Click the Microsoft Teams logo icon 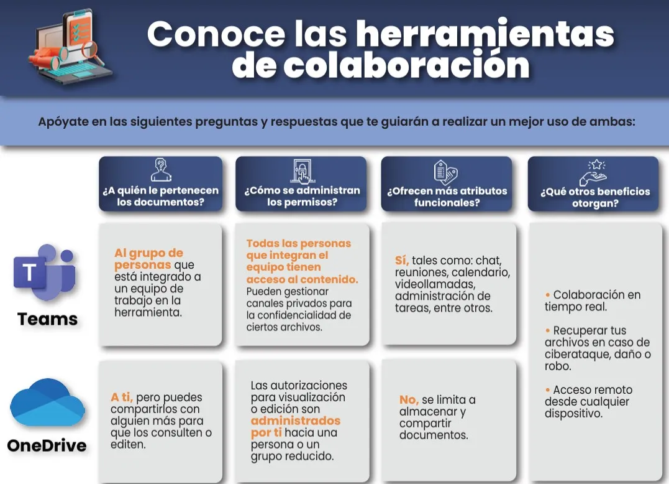[x=44, y=273]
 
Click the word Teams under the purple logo [x=48, y=319]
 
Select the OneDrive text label [x=47, y=445]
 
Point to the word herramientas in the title [x=485, y=34]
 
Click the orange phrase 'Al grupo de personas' [x=148, y=259]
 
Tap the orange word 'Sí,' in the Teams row [x=402, y=260]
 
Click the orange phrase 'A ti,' [x=122, y=397]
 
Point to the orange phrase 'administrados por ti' [x=296, y=427]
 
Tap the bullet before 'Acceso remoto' [x=547, y=390]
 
